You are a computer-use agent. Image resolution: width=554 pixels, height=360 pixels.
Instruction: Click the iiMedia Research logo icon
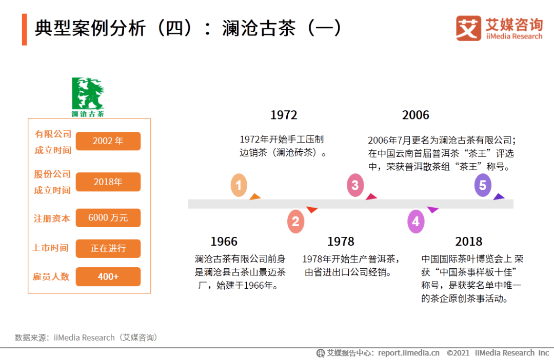point(468,28)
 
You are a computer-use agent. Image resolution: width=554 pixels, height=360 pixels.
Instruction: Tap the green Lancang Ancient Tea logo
point(88,97)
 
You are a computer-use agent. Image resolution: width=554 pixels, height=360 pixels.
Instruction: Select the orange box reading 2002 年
point(108,141)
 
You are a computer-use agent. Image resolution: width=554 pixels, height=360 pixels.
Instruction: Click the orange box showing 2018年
point(108,182)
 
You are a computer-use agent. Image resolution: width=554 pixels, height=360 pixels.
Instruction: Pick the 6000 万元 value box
point(108,217)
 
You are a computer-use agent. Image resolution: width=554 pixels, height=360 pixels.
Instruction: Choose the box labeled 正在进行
point(108,248)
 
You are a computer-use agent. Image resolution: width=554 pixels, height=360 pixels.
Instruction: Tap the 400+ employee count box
point(108,276)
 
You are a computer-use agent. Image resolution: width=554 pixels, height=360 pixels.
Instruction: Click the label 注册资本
point(52,218)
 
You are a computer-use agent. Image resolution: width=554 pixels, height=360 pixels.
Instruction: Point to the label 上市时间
point(50,248)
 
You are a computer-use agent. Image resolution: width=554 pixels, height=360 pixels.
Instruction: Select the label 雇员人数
point(51,276)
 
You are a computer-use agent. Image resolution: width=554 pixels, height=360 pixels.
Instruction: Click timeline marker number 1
point(239,185)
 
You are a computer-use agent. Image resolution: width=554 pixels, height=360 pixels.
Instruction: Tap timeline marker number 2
point(296,222)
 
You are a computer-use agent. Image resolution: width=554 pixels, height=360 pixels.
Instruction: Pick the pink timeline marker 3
point(355,185)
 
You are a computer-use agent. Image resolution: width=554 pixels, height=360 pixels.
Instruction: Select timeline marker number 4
point(416,222)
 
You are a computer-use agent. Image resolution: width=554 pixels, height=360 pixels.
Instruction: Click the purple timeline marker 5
point(483,185)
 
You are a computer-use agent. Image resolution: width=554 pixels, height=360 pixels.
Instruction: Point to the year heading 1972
point(284,115)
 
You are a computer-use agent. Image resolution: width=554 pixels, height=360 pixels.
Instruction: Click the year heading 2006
point(415,115)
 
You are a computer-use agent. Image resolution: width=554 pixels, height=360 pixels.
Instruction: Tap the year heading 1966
point(224,242)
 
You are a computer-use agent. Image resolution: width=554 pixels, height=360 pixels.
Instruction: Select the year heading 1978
point(341,242)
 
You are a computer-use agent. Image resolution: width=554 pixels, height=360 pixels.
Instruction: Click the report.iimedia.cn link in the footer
point(409,353)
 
